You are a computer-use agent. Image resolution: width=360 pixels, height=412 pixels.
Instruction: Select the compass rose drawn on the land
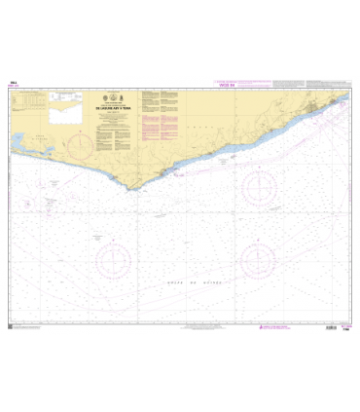point(79,145)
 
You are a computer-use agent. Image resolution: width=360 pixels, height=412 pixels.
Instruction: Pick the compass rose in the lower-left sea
point(114,259)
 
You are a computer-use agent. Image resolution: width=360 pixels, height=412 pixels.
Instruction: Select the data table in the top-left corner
point(30,101)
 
